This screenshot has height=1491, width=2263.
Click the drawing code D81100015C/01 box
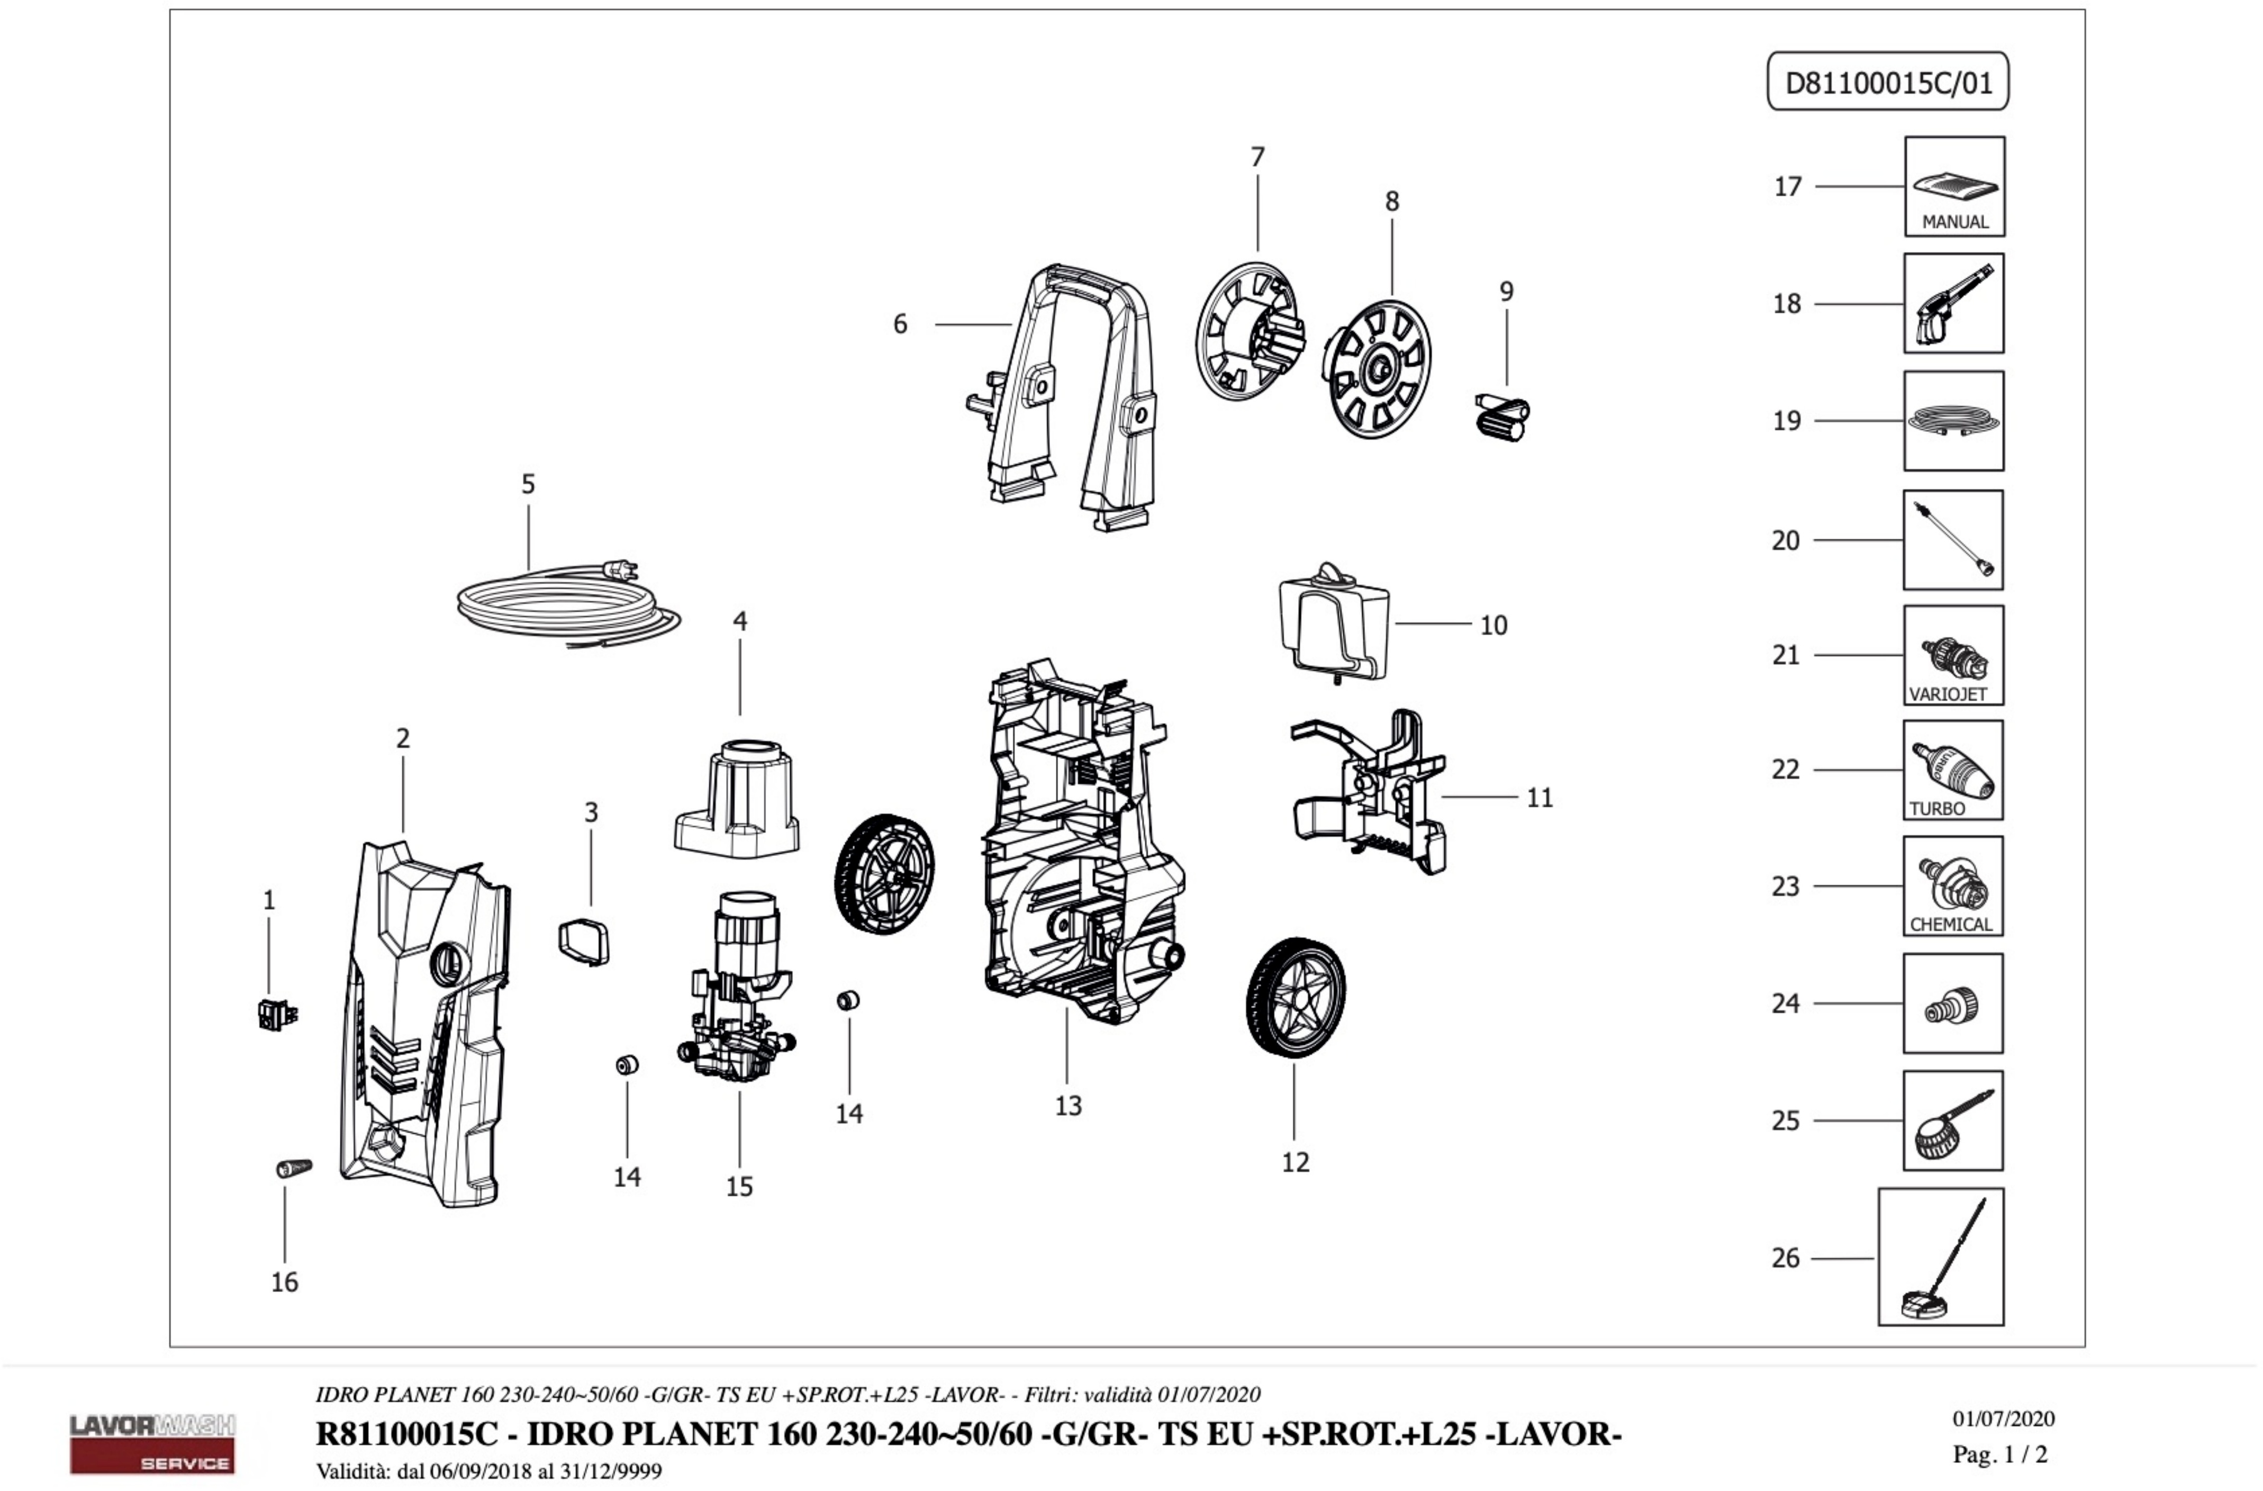click(1887, 82)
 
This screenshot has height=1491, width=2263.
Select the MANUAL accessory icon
click(1954, 186)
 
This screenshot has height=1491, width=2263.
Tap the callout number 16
click(284, 1282)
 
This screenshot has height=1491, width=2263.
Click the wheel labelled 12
click(1295, 998)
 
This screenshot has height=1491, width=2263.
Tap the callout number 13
click(1068, 1106)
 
